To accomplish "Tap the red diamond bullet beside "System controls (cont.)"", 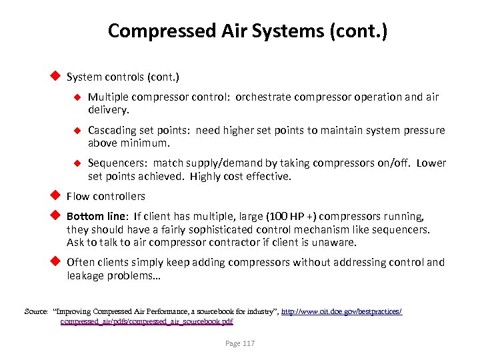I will (x=57, y=77).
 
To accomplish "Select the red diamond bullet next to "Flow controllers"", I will (x=57, y=195).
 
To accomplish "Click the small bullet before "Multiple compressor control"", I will (x=77, y=97).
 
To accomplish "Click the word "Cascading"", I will (x=111, y=131).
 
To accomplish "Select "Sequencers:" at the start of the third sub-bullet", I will (x=117, y=163).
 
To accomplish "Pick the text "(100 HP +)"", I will (x=294, y=217).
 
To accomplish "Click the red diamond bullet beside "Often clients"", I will (x=57, y=262).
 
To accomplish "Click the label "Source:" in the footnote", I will (x=36, y=311).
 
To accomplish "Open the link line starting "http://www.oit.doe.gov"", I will (x=342, y=311).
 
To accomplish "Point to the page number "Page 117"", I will (x=239, y=344).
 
